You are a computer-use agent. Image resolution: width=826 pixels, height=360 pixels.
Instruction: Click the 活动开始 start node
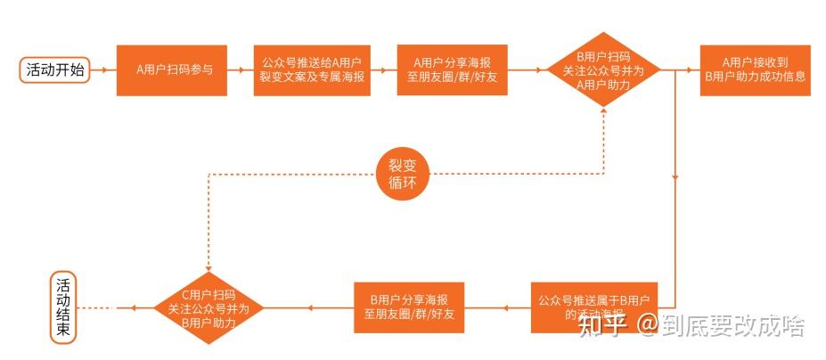pos(56,70)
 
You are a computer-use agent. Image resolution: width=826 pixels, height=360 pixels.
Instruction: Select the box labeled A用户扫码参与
pos(172,70)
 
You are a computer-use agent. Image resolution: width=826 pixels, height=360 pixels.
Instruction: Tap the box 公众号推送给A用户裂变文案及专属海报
pos(311,70)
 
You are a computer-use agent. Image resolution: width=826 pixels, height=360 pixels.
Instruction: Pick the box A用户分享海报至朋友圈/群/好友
pos(452,70)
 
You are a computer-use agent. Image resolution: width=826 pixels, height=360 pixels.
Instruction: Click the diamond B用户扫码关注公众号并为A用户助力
pos(603,70)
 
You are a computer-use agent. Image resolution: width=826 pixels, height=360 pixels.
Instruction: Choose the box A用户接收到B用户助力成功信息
pos(755,70)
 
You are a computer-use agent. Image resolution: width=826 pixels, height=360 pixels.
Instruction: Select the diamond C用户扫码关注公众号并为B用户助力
pos(209,307)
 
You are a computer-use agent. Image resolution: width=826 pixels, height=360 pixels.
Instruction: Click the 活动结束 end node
pos(66,307)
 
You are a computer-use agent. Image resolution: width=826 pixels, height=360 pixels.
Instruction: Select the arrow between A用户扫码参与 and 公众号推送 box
pos(240,70)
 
